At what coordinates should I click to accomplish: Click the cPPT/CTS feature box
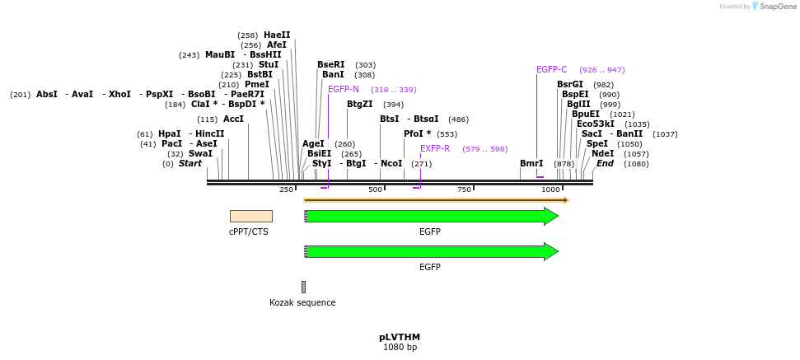coord(250,216)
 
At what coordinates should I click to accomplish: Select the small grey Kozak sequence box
coord(303,287)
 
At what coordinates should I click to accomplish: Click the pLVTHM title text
coord(400,337)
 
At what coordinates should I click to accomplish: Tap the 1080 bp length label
coord(400,348)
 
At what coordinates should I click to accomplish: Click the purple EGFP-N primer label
coord(344,89)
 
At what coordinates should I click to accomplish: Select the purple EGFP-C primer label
coord(551,70)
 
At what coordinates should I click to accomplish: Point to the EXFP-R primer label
coord(435,148)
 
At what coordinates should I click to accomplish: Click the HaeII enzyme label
coord(277,35)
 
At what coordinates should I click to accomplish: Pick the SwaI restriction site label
coord(200,153)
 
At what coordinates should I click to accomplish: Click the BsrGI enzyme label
coord(570,84)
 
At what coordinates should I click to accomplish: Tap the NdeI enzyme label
coord(603,153)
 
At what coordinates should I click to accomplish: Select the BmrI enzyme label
coord(531,164)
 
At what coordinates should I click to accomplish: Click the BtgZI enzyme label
coord(360,105)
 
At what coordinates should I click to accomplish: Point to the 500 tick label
coord(376,189)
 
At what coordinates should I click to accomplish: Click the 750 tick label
coord(464,189)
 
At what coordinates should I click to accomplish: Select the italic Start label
coord(189,164)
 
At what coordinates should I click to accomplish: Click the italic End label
coord(605,164)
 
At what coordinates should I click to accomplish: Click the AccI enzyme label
coord(233,119)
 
